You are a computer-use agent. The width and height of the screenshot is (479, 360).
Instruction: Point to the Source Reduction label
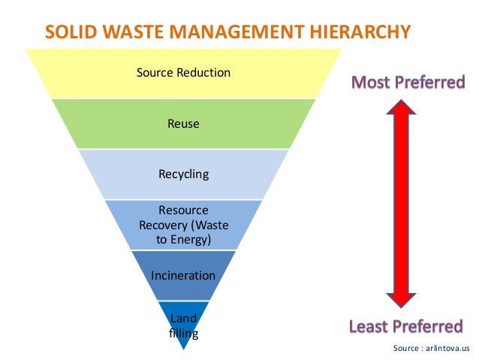pyautogui.click(x=183, y=73)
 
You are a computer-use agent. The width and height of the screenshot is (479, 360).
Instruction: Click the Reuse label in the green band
pyautogui.click(x=183, y=123)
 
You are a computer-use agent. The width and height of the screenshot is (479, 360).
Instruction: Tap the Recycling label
pyautogui.click(x=183, y=174)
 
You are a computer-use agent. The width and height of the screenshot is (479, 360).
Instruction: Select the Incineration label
pyautogui.click(x=183, y=275)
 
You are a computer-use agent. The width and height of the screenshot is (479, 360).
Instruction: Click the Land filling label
pyautogui.click(x=183, y=325)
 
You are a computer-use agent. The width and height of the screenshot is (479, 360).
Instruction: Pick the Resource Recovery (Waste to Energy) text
pyautogui.click(x=183, y=225)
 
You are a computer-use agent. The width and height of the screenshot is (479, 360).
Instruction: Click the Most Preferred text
pyautogui.click(x=408, y=81)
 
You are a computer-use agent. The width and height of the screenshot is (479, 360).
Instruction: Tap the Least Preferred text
pyautogui.click(x=405, y=326)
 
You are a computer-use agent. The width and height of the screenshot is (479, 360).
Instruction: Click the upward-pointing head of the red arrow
pyautogui.click(x=401, y=110)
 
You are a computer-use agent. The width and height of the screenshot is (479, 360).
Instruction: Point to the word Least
pyautogui.click(x=372, y=326)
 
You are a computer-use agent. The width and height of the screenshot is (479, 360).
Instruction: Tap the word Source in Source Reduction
pyautogui.click(x=155, y=73)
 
